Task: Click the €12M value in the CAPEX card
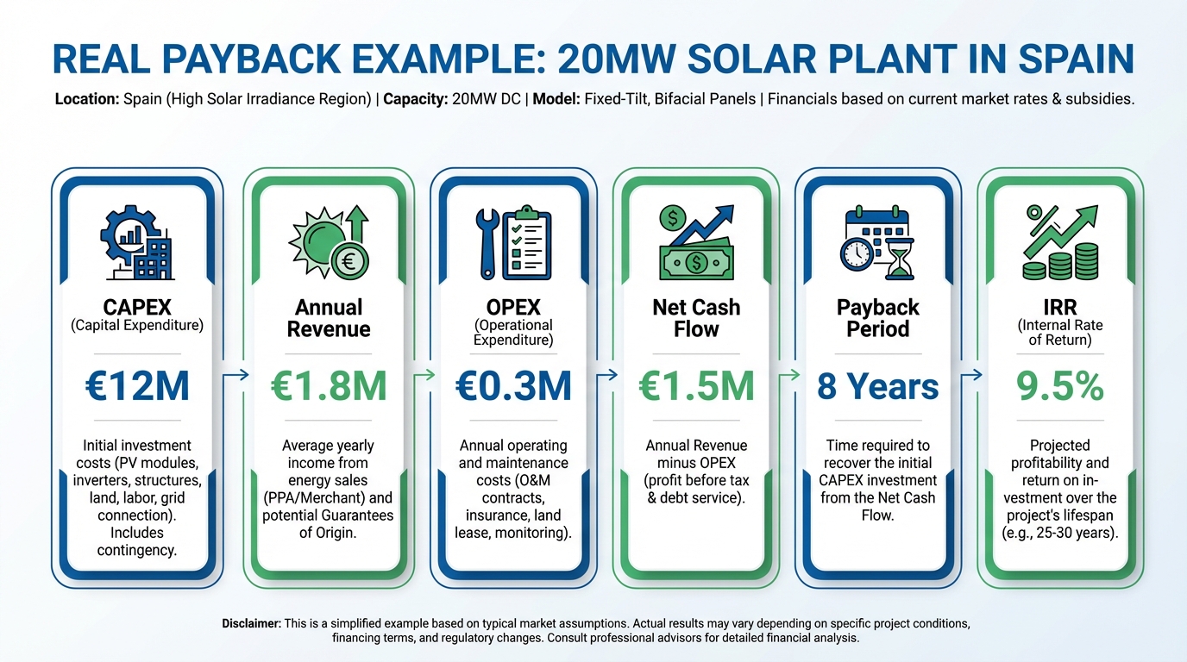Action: pos(137,387)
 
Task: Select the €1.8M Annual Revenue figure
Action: pos(329,387)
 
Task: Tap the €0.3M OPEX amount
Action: pos(513,387)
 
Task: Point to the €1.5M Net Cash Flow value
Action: pos(695,387)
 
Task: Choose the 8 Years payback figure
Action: pos(878,387)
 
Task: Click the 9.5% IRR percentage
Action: pos(1060,387)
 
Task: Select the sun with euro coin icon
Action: pos(329,242)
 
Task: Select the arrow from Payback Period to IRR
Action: pos(972,374)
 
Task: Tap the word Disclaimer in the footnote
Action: pos(250,623)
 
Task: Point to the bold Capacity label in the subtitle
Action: pos(414,99)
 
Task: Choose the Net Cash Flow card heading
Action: pos(695,318)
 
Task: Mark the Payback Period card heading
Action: pos(878,318)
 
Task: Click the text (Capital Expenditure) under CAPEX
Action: pos(137,326)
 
